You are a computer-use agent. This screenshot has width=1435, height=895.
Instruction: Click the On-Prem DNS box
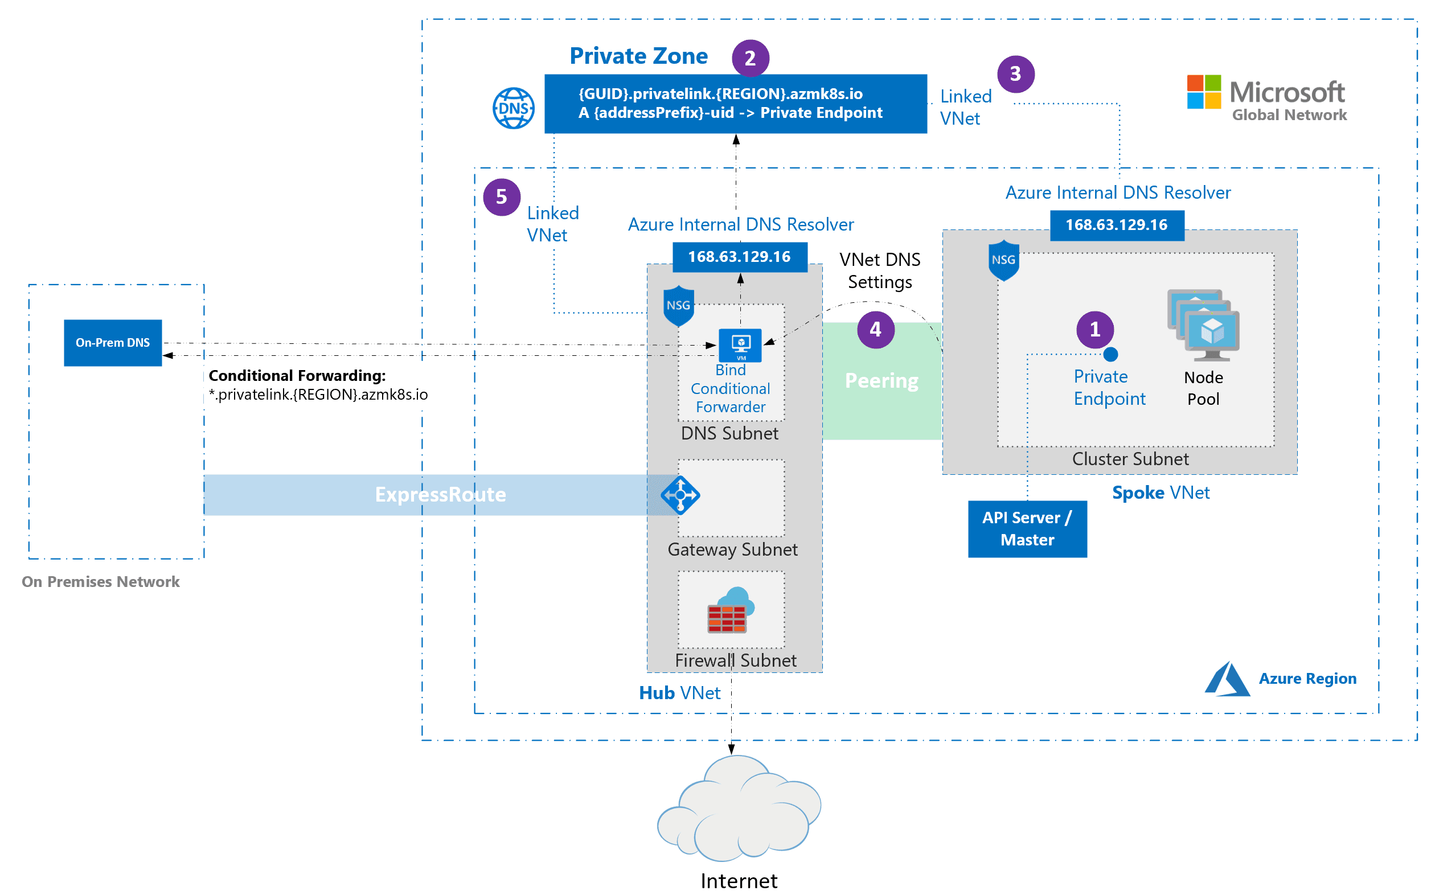click(x=113, y=343)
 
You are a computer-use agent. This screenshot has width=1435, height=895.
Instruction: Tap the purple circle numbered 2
click(x=750, y=58)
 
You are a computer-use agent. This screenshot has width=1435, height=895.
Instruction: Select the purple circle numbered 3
click(x=1015, y=74)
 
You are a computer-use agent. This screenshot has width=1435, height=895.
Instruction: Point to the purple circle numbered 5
click(x=502, y=197)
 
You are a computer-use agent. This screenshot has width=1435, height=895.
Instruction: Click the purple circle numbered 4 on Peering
click(x=876, y=330)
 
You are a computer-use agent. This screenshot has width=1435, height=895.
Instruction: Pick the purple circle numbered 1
click(x=1094, y=329)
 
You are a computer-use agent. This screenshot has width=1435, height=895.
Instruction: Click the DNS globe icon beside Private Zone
click(x=513, y=108)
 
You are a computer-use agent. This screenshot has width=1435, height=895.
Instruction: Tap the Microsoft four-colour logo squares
click(x=1204, y=92)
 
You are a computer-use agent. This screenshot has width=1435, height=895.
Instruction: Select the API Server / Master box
click(x=1027, y=528)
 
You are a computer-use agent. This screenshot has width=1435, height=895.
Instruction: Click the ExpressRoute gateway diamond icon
click(x=680, y=494)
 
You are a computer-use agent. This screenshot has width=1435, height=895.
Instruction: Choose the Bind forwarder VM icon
click(x=740, y=344)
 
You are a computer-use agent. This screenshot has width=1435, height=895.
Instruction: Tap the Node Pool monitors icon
click(x=1204, y=325)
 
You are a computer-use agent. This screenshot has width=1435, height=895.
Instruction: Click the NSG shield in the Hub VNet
click(x=678, y=305)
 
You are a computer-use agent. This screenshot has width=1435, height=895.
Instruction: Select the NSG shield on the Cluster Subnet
click(x=1003, y=260)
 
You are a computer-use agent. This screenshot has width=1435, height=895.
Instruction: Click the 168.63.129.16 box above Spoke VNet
click(x=1117, y=225)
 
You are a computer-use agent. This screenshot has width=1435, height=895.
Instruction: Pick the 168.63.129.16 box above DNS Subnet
click(x=739, y=257)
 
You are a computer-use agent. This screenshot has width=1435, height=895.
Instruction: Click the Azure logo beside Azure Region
click(x=1227, y=679)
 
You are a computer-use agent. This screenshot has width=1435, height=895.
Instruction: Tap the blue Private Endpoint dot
click(x=1110, y=355)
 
